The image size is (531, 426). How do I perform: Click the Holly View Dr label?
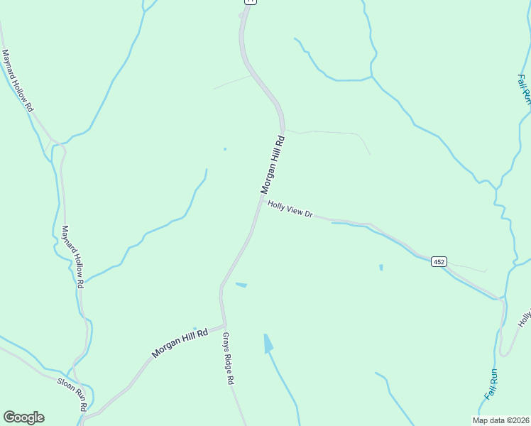click(x=290, y=209)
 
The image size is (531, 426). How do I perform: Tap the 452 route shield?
click(x=439, y=262)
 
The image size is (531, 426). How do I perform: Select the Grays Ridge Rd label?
click(x=229, y=359)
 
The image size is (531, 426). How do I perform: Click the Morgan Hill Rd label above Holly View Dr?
click(x=273, y=164)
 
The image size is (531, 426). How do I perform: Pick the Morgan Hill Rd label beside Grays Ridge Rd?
click(x=179, y=342)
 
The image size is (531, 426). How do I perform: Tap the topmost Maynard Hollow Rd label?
click(x=18, y=80)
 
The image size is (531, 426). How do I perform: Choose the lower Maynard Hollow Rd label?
click(x=73, y=256)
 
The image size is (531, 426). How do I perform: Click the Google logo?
click(x=23, y=417)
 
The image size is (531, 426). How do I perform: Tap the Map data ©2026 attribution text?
click(x=500, y=420)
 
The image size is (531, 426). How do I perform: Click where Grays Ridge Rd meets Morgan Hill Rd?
click(x=223, y=322)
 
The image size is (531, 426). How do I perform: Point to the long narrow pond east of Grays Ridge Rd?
click(x=268, y=343)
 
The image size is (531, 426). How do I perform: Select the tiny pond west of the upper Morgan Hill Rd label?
click(x=225, y=149)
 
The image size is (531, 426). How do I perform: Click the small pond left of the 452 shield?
click(x=381, y=268)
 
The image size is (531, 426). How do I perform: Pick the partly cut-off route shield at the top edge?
click(x=251, y=2)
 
